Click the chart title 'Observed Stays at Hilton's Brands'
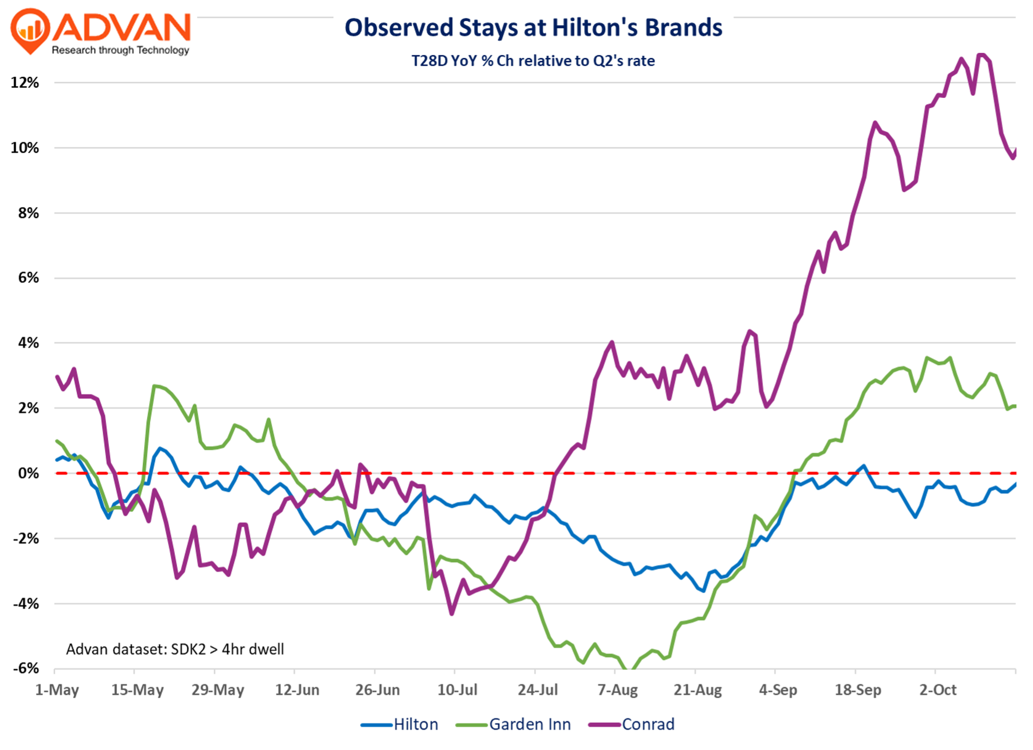[533, 28]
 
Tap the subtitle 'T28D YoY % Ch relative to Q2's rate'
[533, 61]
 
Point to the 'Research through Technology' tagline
[121, 50]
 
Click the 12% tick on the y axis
[25, 83]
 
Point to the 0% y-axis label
[28, 473]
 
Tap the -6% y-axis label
[26, 669]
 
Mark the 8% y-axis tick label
[28, 213]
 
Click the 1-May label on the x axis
[57, 690]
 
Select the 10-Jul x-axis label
[457, 690]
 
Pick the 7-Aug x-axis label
[618, 690]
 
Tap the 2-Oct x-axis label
[938, 690]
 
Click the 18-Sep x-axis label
[858, 690]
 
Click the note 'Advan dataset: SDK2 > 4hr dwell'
[175, 649]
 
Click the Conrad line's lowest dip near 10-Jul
[452, 613]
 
